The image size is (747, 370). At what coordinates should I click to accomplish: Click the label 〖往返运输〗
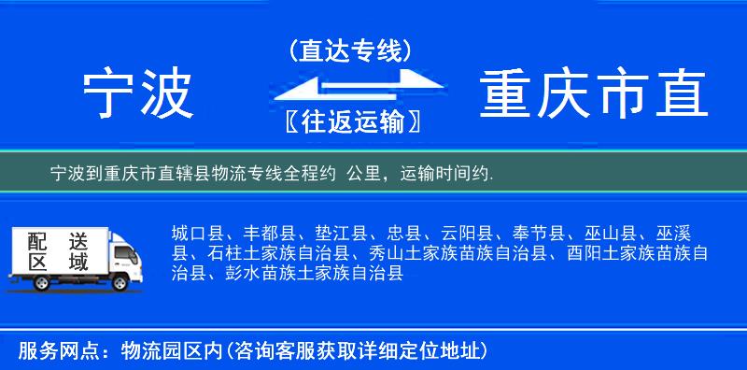(x=350, y=121)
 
